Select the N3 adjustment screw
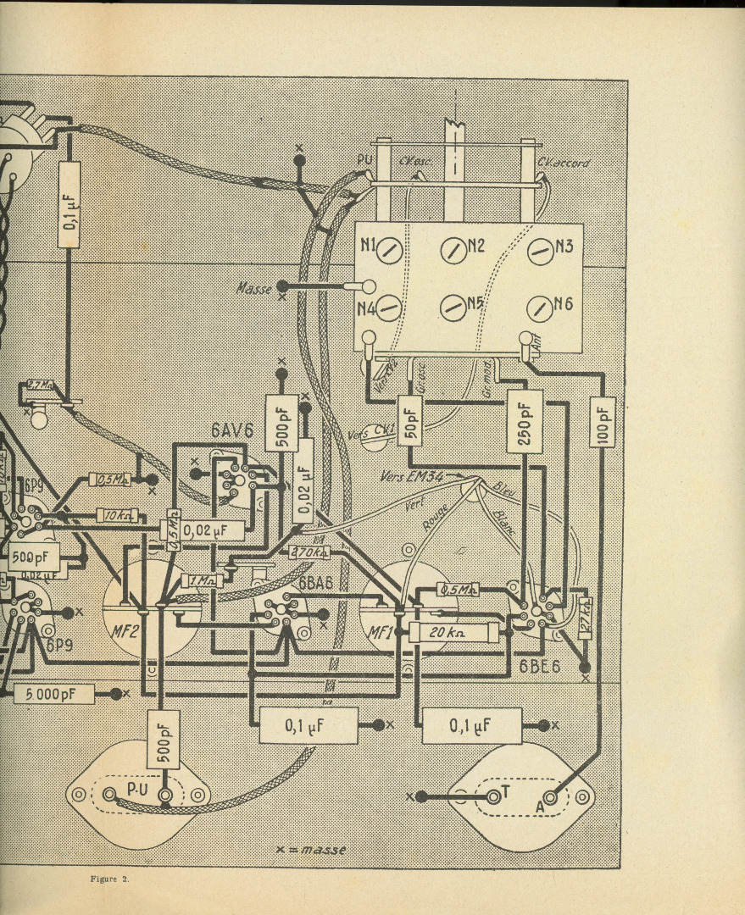pyautogui.click(x=541, y=250)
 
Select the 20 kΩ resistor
pyautogui.click(x=453, y=632)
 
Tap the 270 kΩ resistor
pyautogui.click(x=309, y=552)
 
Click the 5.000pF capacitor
pyautogui.click(x=53, y=694)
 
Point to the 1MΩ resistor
pyautogui.click(x=202, y=581)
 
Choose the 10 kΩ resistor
pyautogui.click(x=117, y=515)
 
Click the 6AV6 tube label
pyautogui.click(x=232, y=431)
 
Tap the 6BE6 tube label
pyautogui.click(x=540, y=667)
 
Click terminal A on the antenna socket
pyautogui.click(x=551, y=797)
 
